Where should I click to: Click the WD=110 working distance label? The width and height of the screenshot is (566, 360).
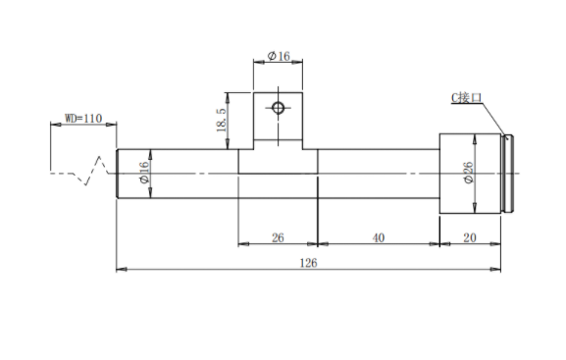tap(83, 119)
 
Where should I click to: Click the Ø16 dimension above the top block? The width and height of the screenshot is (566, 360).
tap(279, 56)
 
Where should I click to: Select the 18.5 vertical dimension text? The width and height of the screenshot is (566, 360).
tap(222, 121)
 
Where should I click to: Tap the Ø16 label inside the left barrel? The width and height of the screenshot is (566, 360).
tap(143, 173)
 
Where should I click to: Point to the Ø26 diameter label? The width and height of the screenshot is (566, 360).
tap(468, 173)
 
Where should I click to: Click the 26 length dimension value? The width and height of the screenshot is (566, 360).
tap(278, 237)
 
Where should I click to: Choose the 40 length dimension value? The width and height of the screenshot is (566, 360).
tap(379, 237)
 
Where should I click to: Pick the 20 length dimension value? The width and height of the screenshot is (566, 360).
tap(470, 237)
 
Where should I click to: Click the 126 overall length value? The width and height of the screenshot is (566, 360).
tap(308, 263)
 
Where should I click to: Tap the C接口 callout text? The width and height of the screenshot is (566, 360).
tap(466, 97)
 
